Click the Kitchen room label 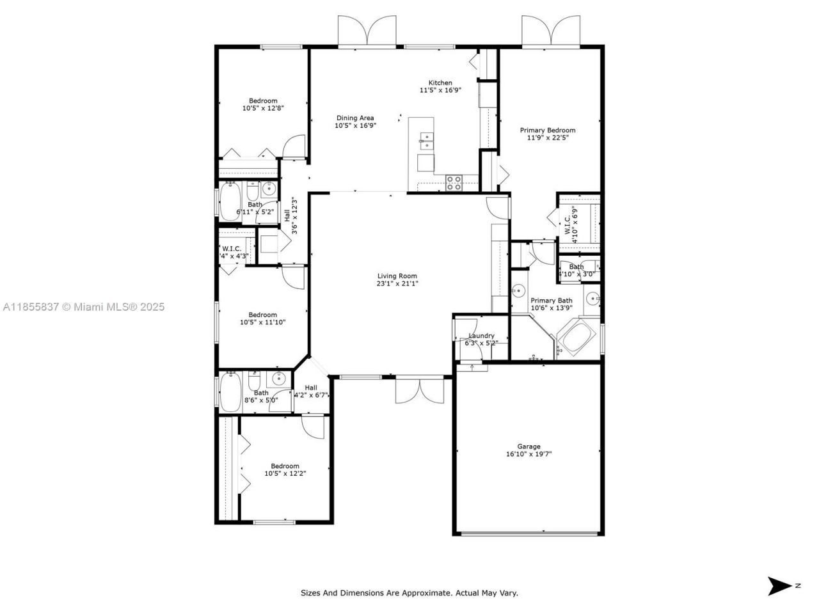pyautogui.click(x=440, y=83)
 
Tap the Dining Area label pyautogui.click(x=355, y=118)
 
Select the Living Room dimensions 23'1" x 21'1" pyautogui.click(x=397, y=283)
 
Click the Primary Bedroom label pyautogui.click(x=547, y=130)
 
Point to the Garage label pyautogui.click(x=529, y=446)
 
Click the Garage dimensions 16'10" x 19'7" pyautogui.click(x=529, y=455)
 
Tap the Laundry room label pyautogui.click(x=481, y=336)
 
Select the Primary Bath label pyautogui.click(x=551, y=301)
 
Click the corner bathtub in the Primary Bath pyautogui.click(x=576, y=339)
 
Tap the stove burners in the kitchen pyautogui.click(x=454, y=183)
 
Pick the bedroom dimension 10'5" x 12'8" pyautogui.click(x=263, y=109)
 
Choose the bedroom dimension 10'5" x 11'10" pyautogui.click(x=263, y=322)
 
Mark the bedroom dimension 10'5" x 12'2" pyautogui.click(x=285, y=474)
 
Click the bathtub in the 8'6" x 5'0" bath pyautogui.click(x=230, y=391)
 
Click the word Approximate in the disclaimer pyautogui.click(x=425, y=593)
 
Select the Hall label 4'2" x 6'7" pyautogui.click(x=311, y=391)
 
